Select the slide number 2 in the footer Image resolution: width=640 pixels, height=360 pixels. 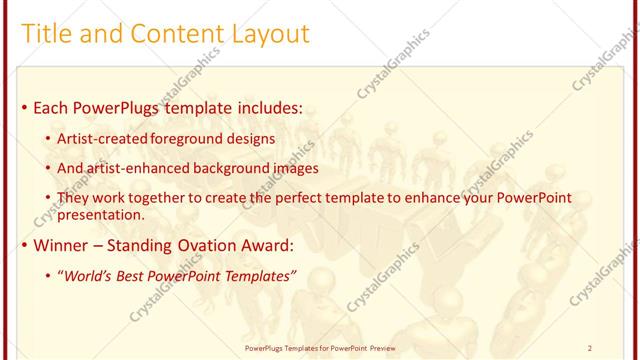click(590, 348)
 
